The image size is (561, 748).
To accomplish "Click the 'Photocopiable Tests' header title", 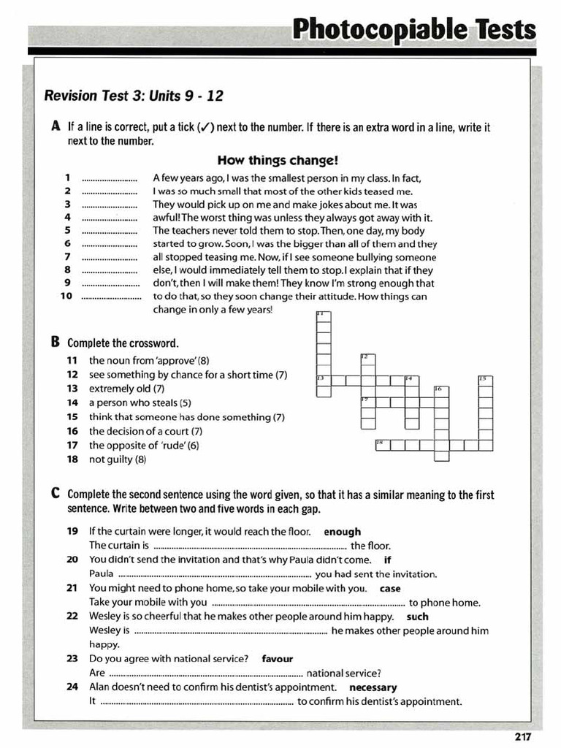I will click(x=413, y=29).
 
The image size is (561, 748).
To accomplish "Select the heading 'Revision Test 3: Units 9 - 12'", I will click(x=134, y=96).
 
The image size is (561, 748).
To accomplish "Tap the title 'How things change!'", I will click(x=278, y=160).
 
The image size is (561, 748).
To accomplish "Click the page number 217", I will click(x=522, y=736).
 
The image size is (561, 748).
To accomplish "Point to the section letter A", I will click(x=56, y=126).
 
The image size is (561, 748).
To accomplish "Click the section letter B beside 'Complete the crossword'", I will click(x=56, y=342).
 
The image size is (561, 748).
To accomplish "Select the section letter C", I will click(x=56, y=494).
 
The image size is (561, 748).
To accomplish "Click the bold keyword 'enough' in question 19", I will click(x=343, y=532).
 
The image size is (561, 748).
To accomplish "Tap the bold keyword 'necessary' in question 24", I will click(x=373, y=687).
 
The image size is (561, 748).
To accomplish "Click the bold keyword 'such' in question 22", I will click(x=417, y=617).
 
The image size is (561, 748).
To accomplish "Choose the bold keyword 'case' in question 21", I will click(x=390, y=588).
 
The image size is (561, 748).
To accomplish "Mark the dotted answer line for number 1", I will click(x=110, y=178).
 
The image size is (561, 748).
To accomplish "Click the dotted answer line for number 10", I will click(x=111, y=297).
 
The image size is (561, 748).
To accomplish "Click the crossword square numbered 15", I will click(x=485, y=381).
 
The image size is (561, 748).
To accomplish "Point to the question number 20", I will click(x=72, y=560).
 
